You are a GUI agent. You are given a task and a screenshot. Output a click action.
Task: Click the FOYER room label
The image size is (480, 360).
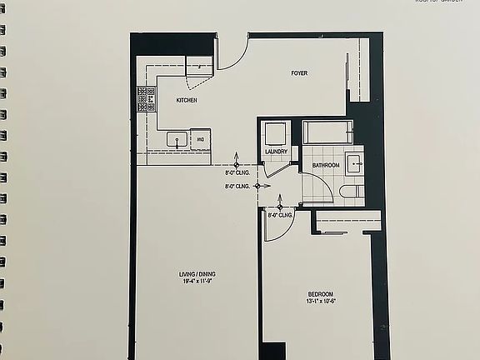[x=299, y=73]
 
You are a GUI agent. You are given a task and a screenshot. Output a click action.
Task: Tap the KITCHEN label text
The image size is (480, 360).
[x=187, y=100]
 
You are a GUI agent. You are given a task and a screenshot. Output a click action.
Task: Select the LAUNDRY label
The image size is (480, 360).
[x=277, y=152]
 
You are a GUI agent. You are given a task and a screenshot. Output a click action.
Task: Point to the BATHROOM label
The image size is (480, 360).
[x=325, y=165]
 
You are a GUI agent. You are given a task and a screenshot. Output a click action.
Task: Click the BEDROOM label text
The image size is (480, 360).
[x=321, y=294]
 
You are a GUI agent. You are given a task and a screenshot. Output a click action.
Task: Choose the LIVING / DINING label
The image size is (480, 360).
[x=197, y=274]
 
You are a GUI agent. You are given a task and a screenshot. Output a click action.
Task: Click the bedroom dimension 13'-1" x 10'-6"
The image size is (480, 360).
[x=321, y=302]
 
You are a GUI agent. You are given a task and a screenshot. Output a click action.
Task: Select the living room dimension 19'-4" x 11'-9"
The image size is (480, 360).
[x=197, y=282]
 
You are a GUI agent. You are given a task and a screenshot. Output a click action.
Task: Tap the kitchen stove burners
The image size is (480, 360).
[x=147, y=101]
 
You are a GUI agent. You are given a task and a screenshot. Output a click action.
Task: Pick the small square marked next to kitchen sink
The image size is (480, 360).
[x=201, y=138]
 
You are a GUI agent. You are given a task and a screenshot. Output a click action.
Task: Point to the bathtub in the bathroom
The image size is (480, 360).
[x=327, y=132]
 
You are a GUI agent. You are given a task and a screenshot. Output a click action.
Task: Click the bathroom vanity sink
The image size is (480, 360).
[x=354, y=162]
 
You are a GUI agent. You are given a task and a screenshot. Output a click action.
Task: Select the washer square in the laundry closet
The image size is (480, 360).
[x=274, y=133]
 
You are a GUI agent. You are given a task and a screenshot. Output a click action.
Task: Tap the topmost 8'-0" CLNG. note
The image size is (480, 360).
[x=237, y=173]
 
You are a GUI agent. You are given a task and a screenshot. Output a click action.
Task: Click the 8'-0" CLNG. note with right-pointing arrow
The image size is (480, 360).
[x=238, y=187]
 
